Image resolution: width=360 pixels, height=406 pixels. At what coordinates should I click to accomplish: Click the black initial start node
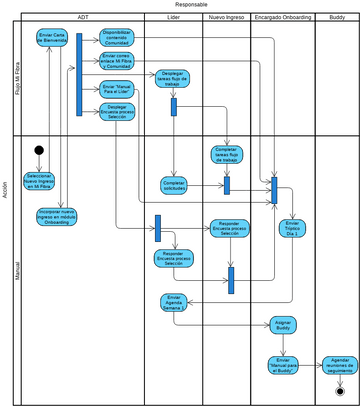click(x=39, y=150)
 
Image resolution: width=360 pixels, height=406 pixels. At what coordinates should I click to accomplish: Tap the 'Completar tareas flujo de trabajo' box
click(x=228, y=154)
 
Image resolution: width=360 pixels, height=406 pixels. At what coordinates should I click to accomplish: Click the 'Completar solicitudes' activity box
click(x=174, y=185)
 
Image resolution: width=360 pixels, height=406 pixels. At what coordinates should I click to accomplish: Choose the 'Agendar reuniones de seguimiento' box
click(x=340, y=362)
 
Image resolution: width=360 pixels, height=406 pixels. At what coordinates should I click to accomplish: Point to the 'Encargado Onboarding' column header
click(x=282, y=18)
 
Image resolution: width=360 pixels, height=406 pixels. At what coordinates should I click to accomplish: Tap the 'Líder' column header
click(x=173, y=18)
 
